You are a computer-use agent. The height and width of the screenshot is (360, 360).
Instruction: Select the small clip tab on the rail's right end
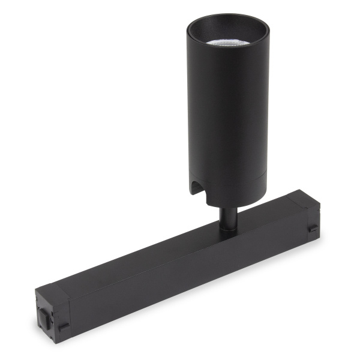pyautogui.click(x=313, y=230)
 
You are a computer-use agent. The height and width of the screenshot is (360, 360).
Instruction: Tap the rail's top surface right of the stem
pyautogui.click(x=270, y=210)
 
